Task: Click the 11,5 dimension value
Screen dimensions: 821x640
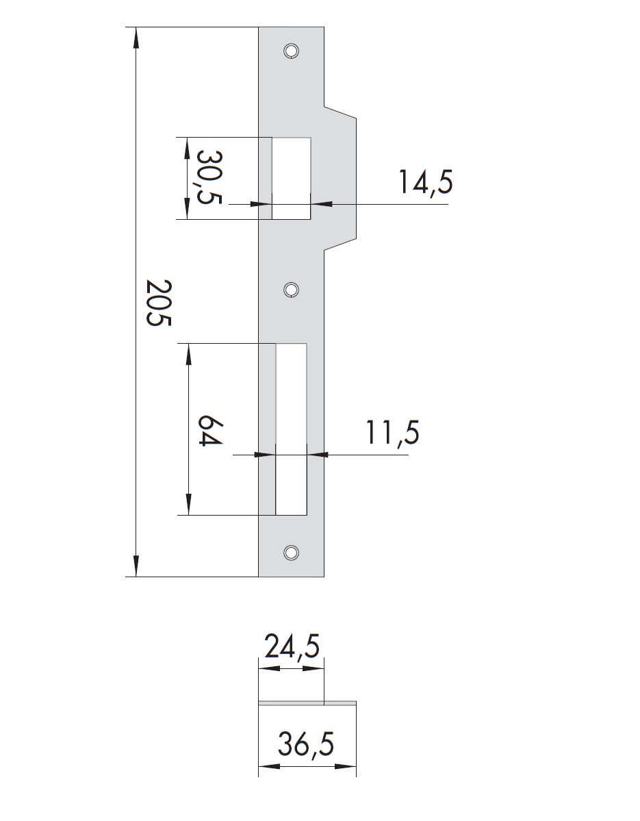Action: click(391, 433)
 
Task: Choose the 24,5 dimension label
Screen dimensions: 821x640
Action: click(292, 646)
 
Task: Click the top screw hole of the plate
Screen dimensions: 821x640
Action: click(291, 51)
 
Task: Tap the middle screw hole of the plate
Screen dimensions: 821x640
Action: click(291, 290)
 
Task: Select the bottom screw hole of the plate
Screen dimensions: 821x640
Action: click(291, 552)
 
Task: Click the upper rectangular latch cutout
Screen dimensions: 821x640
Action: click(292, 178)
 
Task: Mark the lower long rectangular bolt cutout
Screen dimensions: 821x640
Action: click(291, 429)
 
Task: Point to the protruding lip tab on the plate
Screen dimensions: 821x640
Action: click(341, 178)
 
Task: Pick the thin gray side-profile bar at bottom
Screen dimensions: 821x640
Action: click(307, 703)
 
